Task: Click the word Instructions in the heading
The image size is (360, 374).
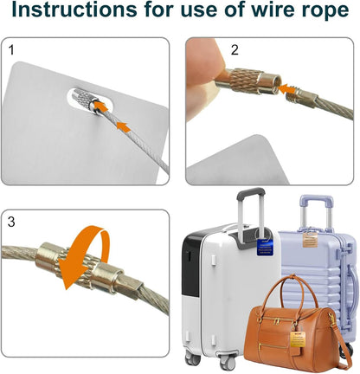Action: tap(74, 10)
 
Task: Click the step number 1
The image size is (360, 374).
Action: tap(11, 50)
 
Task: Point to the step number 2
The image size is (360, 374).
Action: tap(235, 50)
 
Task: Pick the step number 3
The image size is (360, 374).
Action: tap(11, 222)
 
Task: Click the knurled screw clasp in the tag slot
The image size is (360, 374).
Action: tap(83, 100)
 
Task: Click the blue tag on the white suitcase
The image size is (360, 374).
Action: tap(266, 247)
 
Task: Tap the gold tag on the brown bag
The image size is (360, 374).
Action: tap(298, 339)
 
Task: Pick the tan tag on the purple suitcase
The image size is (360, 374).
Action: tap(310, 240)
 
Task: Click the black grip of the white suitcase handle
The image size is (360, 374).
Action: tap(251, 193)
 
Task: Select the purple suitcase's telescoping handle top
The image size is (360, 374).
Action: tap(317, 201)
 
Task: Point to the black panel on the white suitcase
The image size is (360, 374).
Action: tap(191, 265)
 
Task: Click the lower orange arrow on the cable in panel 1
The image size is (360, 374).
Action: tap(123, 126)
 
